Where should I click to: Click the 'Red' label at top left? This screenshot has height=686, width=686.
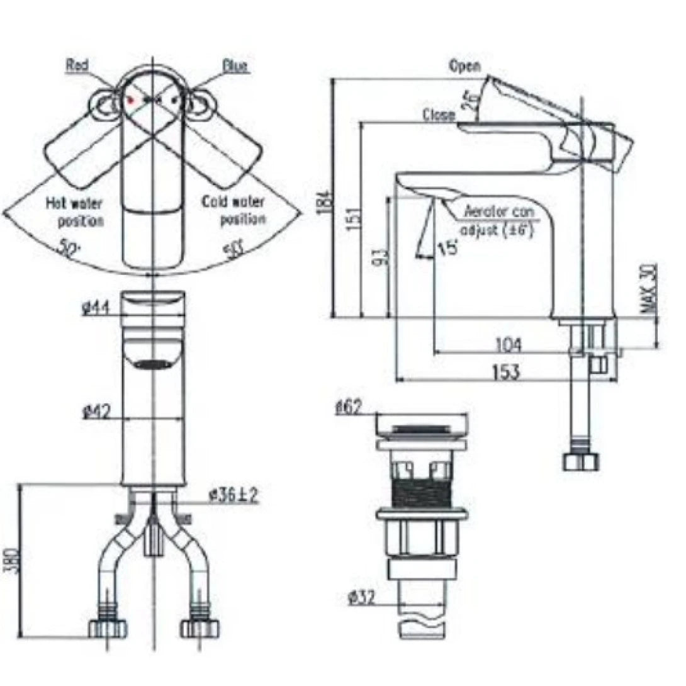pos(78,64)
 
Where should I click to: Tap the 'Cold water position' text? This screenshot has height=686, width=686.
pos(233,210)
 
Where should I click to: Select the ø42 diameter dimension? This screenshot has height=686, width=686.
pos(96,413)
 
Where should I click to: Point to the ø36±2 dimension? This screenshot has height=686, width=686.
pos(233,497)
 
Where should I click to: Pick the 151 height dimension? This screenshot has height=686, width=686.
pos(354,219)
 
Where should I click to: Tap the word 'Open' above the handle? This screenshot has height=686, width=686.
pos(465,65)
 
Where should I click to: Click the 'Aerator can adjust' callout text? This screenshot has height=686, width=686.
pos(498,220)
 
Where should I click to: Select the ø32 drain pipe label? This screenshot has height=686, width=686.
pos(361,598)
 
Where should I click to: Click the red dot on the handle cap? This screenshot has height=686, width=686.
pos(132,99)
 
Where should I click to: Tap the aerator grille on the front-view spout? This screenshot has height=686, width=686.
pos(153,364)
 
